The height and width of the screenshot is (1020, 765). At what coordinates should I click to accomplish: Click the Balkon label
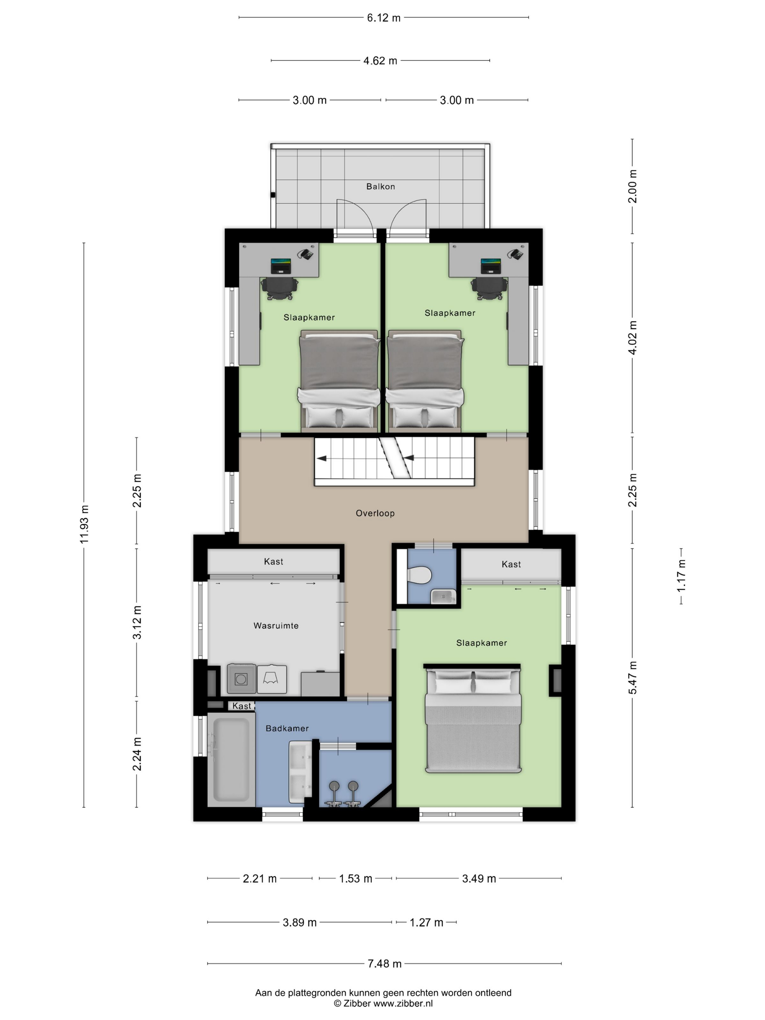380,186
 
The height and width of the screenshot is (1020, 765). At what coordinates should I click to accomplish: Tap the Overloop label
375,513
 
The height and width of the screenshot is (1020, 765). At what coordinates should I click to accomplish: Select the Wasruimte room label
276,626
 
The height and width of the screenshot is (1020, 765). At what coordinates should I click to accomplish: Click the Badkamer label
287,728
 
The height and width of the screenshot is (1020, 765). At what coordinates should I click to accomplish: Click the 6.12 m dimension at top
384,18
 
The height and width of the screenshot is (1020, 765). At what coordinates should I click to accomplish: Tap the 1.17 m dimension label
681,576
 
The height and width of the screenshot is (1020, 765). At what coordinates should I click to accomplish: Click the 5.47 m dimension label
632,677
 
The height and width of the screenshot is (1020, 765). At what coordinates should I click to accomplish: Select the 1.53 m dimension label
356,878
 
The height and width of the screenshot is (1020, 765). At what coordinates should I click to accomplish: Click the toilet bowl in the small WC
419,576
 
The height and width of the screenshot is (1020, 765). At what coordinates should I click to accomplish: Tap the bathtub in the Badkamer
231,760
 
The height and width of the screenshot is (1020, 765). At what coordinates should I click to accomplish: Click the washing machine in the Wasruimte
241,679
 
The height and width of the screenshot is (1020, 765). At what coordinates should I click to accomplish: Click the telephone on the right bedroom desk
515,254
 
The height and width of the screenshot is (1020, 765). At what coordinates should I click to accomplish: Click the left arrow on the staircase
321,458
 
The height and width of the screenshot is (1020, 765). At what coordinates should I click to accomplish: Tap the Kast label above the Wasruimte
274,562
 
